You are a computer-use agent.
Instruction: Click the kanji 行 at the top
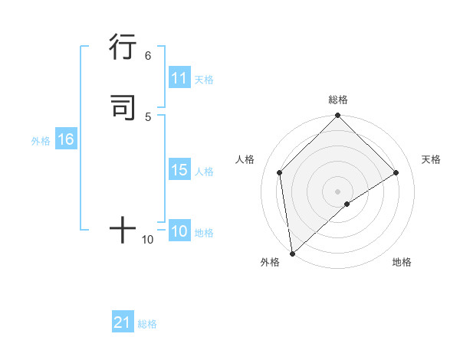coord(123,47)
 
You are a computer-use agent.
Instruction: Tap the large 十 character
coord(123,229)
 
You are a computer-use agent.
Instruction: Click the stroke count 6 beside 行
coord(148,56)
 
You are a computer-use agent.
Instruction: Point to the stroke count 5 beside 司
coord(148,116)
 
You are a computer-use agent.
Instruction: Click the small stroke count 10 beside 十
coord(148,240)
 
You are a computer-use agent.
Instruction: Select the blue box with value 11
coord(179,78)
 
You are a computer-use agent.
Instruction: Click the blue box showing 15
coord(179,170)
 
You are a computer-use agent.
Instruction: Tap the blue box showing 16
coord(65,139)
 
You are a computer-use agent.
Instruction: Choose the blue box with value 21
coord(123,322)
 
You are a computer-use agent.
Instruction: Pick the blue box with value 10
coord(179,231)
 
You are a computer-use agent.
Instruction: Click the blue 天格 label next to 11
coord(203,80)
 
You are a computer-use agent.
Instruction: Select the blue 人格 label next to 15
coord(204,172)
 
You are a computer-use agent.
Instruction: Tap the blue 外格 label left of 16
coord(41,141)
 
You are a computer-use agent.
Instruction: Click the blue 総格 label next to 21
coord(147,324)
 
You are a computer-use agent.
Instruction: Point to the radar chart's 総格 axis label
coord(337,100)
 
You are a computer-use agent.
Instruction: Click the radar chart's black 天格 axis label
coord(431,159)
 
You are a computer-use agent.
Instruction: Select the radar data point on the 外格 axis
coord(292,253)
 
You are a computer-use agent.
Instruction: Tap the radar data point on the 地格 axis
coord(347,204)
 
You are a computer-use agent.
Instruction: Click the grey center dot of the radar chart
coord(337,191)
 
